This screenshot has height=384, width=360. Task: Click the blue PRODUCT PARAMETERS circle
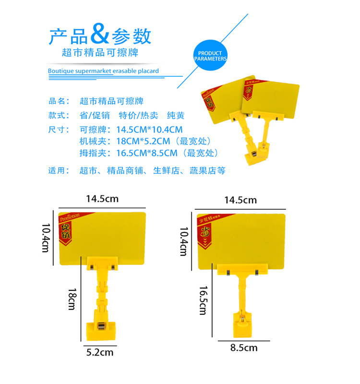point(210,56)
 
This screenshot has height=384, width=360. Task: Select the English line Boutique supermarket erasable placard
point(103,71)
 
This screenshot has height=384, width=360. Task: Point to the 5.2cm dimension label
point(100,352)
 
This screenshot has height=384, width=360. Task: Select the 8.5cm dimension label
point(244,348)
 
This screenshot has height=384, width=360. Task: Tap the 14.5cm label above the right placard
point(240,200)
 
